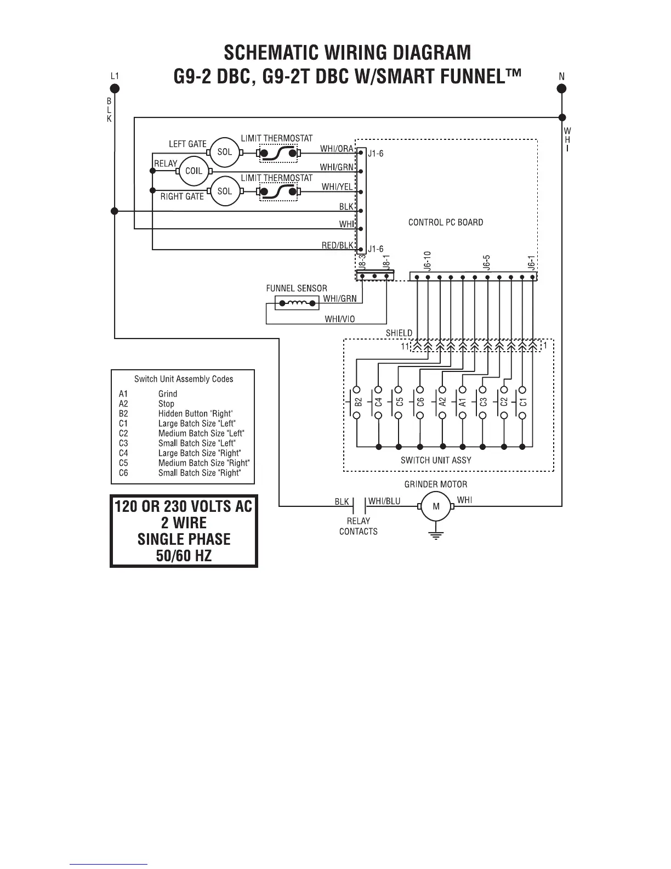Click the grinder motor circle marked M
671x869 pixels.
pos(436,507)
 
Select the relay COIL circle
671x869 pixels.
pos(194,171)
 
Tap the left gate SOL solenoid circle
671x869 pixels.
pos(225,151)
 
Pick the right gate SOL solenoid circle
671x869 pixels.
pos(225,191)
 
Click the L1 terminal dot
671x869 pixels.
pos(114,88)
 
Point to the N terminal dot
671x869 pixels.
pos(562,88)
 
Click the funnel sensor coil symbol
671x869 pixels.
pos(296,303)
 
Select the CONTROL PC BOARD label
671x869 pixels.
pos(446,222)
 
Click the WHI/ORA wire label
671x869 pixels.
pos(337,149)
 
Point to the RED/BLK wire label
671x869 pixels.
pos(338,245)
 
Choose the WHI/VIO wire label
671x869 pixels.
pos(340,319)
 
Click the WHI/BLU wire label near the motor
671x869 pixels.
pos(384,501)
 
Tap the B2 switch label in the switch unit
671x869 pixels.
pos(358,402)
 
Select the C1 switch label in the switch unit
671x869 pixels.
pos(523,402)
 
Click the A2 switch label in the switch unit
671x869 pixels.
pos(442,402)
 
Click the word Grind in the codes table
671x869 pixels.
pos(168,393)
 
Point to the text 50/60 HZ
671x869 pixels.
pos(184,556)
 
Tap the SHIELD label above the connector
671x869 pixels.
pos(399,333)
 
